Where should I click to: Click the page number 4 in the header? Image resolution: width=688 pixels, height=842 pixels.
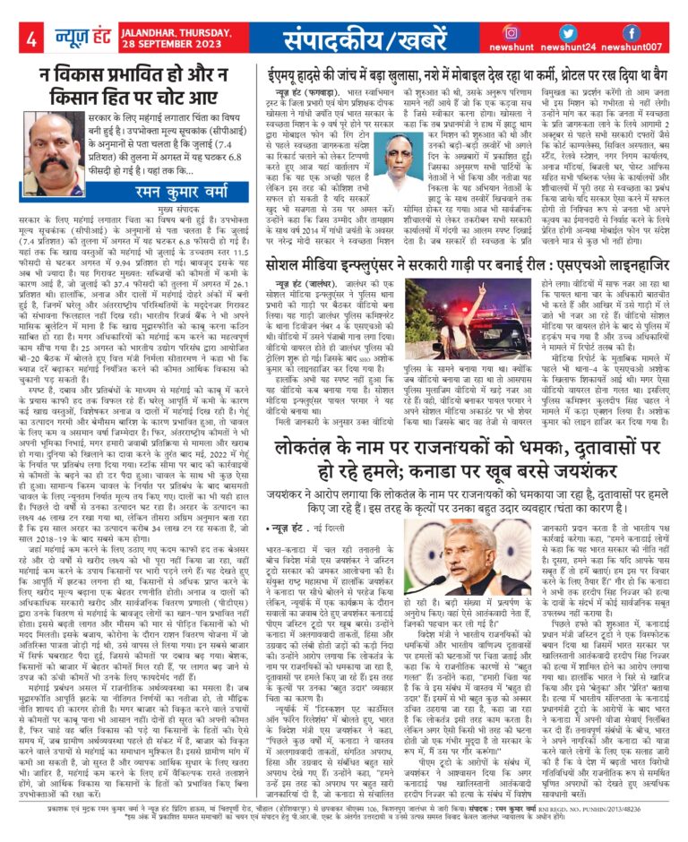point(30,39)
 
